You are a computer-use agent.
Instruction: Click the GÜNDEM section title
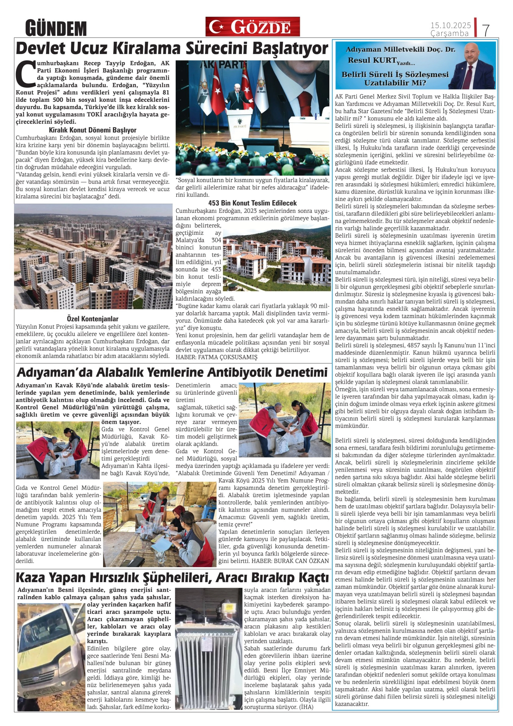(x=56, y=28)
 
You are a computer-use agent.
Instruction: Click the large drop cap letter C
(x=26, y=74)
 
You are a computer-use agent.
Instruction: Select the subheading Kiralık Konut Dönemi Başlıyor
(x=93, y=130)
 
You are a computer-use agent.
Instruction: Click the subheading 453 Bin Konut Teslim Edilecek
(x=252, y=203)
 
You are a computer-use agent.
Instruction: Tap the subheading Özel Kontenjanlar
(x=93, y=319)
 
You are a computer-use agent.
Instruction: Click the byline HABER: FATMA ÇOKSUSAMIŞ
(x=217, y=357)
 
